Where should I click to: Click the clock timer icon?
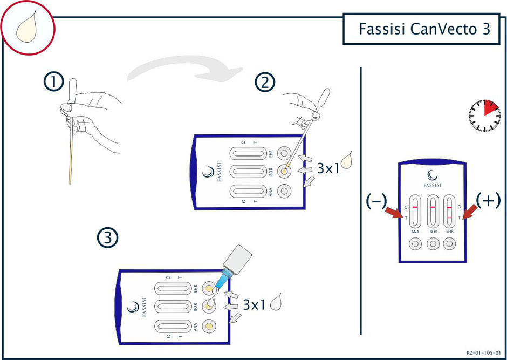tap(484, 115)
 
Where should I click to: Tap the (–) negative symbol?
tap(376, 200)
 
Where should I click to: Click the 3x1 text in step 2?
tap(328, 168)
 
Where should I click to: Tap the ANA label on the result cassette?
tap(415, 232)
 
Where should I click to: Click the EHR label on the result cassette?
tap(449, 232)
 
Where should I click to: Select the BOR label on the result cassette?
tap(432, 232)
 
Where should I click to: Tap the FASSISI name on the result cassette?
tap(432, 185)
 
